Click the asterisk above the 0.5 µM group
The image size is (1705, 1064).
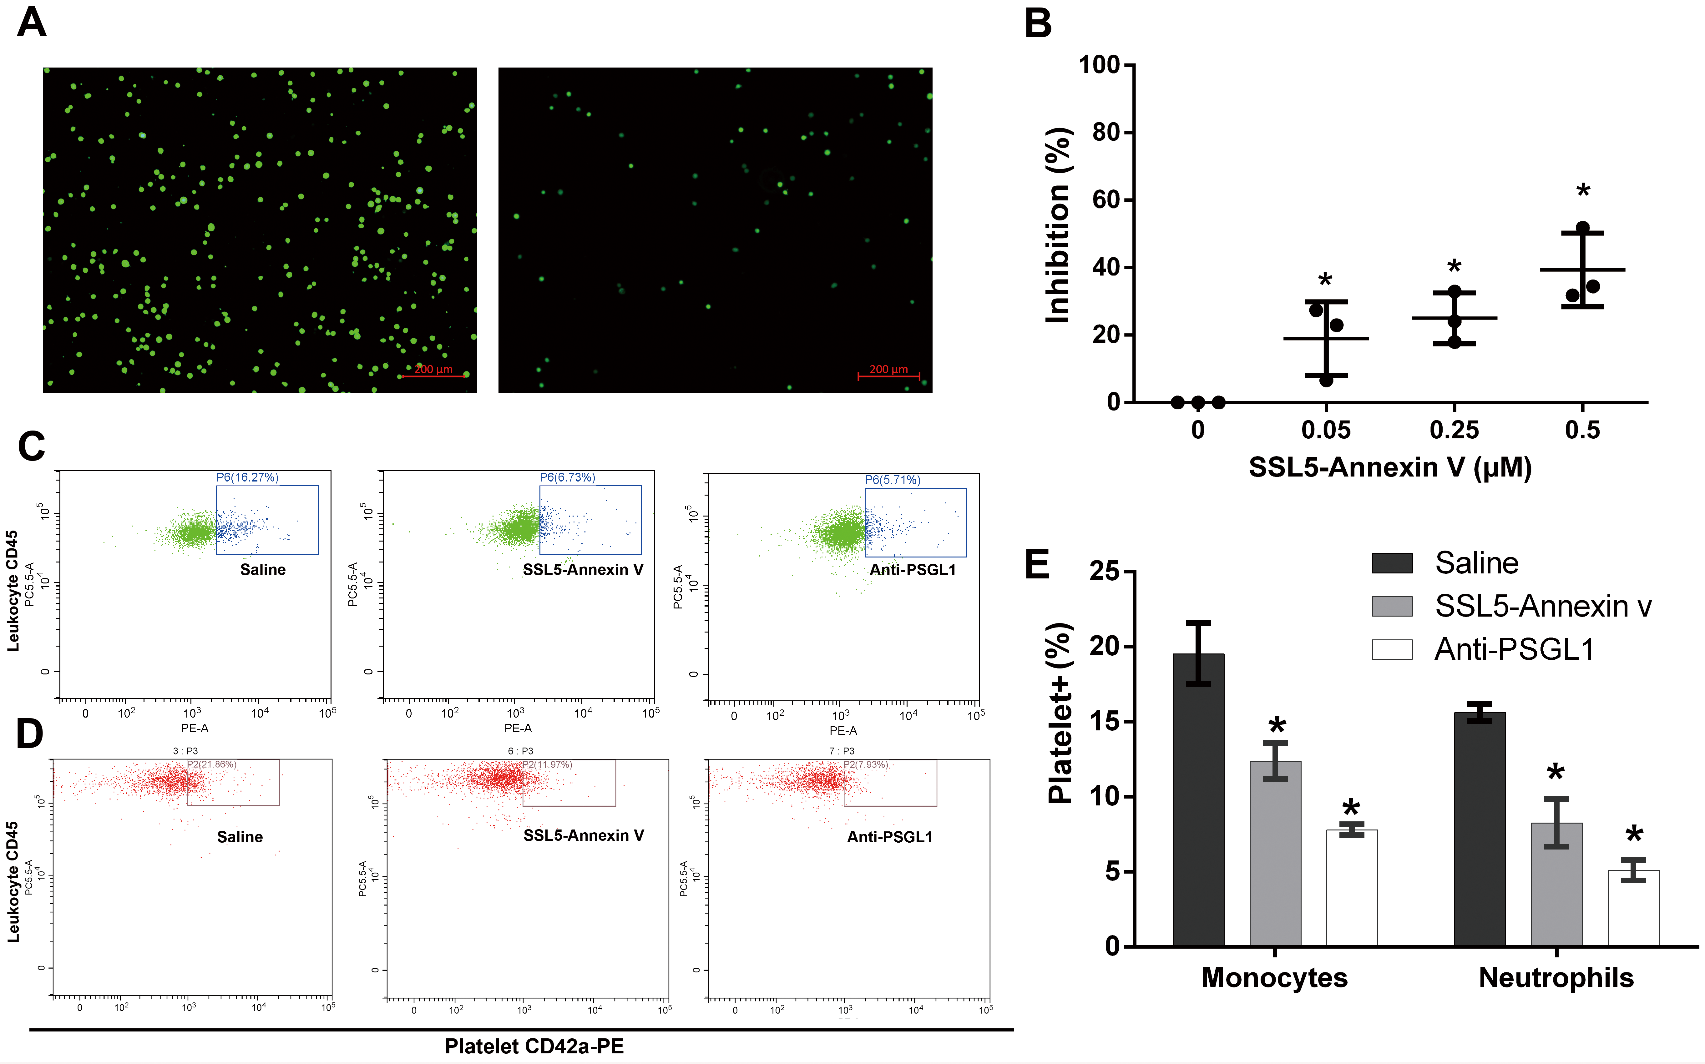tap(1582, 191)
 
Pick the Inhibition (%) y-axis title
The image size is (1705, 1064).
tap(1058, 225)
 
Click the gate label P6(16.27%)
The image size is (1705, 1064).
tap(247, 477)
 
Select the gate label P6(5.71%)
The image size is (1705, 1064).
tap(892, 480)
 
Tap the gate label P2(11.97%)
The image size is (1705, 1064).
tap(547, 764)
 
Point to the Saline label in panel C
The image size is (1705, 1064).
tap(262, 569)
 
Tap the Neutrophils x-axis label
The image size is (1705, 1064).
tap(1556, 977)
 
